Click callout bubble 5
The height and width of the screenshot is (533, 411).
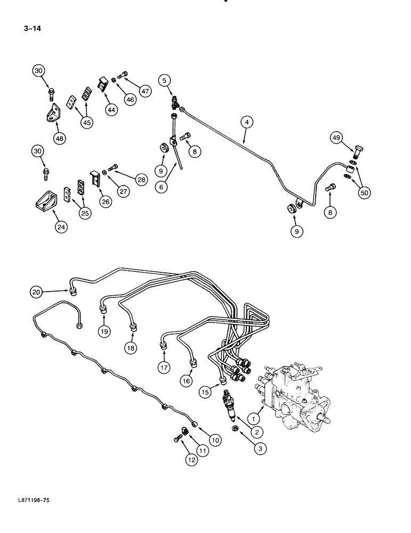(x=165, y=80)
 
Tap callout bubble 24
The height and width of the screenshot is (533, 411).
(x=61, y=227)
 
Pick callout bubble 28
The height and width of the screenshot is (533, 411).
(x=141, y=180)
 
